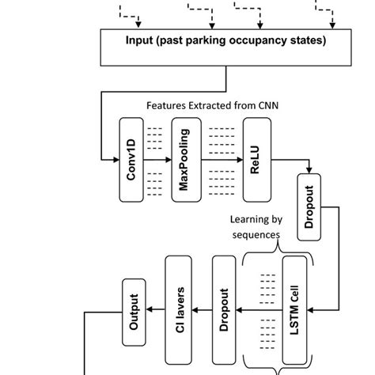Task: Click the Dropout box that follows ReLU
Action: [309, 208]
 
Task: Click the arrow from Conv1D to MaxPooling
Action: [162, 160]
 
